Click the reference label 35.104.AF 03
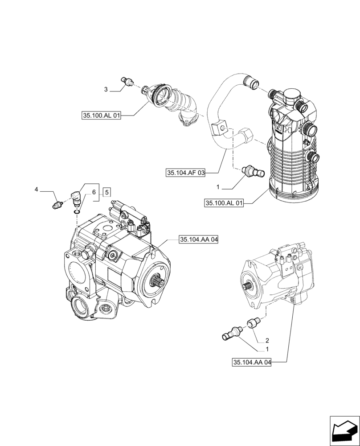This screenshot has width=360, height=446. [185, 173]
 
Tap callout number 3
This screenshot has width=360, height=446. [106, 90]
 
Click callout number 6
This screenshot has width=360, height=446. [94, 192]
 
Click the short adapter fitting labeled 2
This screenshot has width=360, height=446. [255, 322]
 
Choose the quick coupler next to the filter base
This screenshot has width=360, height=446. [253, 171]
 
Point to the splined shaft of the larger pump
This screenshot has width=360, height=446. [159, 281]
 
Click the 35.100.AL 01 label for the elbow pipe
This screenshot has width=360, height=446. [102, 116]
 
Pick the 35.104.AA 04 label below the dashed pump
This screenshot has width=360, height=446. [252, 362]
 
